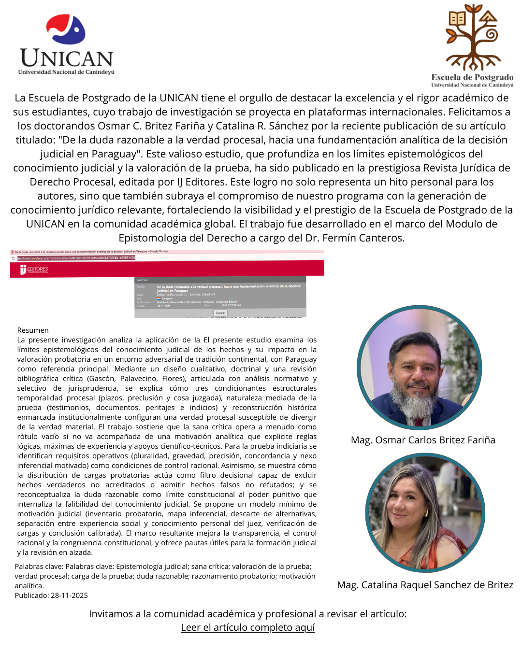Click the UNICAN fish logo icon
[66, 30]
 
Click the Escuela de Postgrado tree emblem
[472, 38]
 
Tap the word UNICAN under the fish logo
[67, 58]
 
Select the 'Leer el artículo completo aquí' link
[247, 627]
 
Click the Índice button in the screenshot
[220, 313]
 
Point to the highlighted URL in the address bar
[76, 258]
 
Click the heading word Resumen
[33, 330]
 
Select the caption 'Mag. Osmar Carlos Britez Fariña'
[423, 440]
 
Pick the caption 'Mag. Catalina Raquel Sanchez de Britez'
[425, 585]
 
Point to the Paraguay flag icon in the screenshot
[159, 298]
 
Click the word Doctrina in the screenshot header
[142, 280]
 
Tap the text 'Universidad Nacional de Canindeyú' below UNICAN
[66, 72]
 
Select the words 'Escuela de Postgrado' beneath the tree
[472, 77]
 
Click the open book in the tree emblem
[457, 19]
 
